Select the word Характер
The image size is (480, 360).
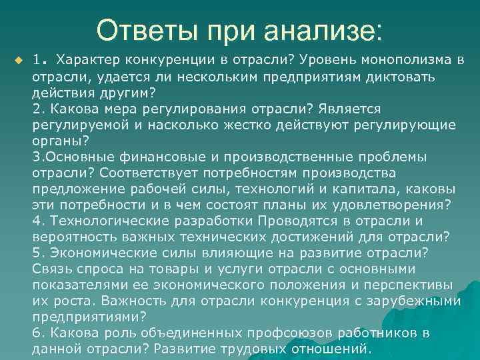tap(85, 61)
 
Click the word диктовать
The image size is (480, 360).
tap(399, 77)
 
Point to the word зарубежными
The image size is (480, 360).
tap(415, 301)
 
